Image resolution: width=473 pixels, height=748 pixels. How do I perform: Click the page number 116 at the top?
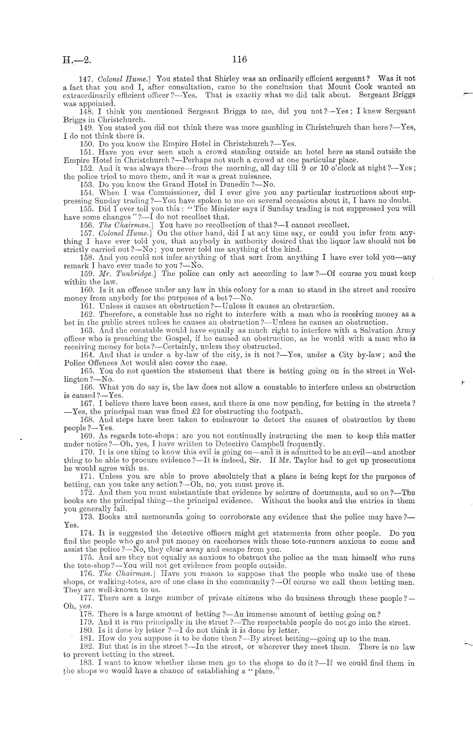point(239,59)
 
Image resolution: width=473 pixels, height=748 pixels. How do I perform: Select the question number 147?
point(86,78)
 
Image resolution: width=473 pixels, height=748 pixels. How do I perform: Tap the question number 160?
point(87,290)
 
